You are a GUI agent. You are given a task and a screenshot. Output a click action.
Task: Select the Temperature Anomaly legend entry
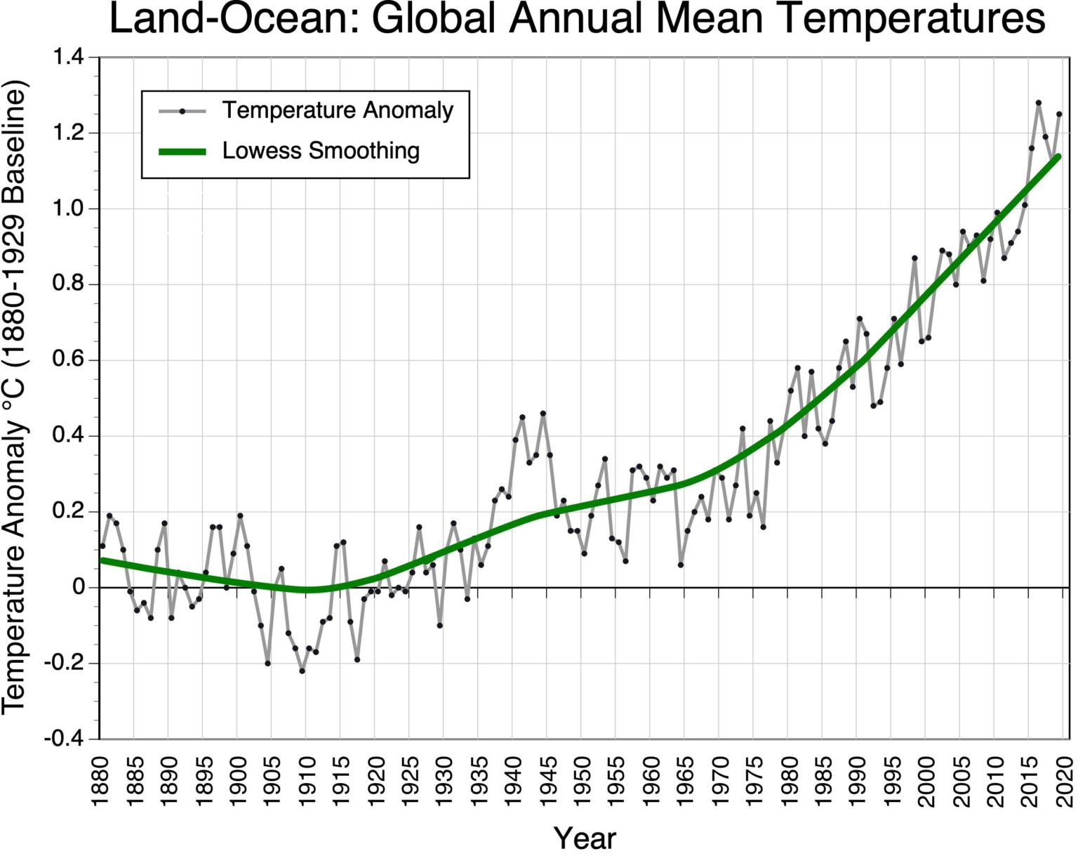tap(338, 110)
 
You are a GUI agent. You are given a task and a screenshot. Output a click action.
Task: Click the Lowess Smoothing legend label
tap(321, 151)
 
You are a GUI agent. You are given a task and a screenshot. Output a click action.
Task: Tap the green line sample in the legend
tap(182, 151)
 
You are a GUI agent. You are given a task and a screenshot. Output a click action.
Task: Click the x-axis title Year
tap(585, 838)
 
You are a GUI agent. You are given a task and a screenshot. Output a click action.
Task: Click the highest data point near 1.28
tap(1039, 103)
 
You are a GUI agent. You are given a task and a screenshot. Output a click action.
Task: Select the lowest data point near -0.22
tap(302, 671)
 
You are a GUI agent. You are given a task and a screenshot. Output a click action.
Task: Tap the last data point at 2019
tap(1059, 114)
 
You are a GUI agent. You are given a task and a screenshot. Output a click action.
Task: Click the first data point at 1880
tap(102, 546)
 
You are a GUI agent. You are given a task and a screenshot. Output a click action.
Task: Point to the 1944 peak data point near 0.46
tap(543, 414)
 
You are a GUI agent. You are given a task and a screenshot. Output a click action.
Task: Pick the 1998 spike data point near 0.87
tap(914, 258)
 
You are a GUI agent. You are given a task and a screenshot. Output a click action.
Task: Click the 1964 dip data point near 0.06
tap(681, 565)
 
